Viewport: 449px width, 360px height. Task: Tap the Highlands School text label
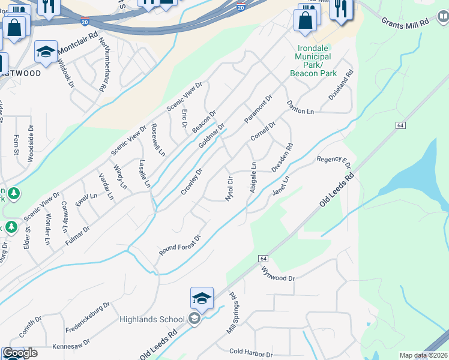pos(151,319)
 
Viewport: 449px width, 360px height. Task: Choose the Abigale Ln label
pos(253,178)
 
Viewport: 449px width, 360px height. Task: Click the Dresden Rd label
pos(282,158)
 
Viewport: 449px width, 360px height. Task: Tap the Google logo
pos(20,353)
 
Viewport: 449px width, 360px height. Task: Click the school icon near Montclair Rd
pos(46,53)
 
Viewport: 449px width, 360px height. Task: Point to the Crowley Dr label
pos(191,181)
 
